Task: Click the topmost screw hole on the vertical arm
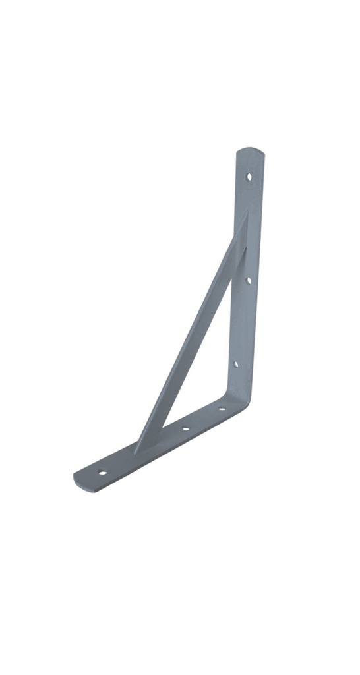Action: tap(249, 176)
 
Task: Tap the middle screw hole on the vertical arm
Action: tap(248, 280)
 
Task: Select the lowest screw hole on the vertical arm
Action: tap(235, 363)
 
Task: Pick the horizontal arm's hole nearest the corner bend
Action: tap(221, 409)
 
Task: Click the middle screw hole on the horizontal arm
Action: tap(185, 429)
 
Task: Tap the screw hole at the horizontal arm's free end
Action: tap(102, 472)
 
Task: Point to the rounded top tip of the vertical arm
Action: tap(251, 152)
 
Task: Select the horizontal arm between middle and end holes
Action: tap(144, 451)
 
